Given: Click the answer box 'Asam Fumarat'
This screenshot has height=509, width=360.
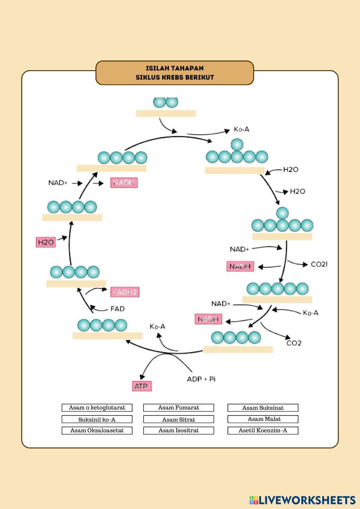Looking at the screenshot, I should [179, 407].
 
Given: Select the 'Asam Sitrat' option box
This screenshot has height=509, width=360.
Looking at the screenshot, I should [179, 419].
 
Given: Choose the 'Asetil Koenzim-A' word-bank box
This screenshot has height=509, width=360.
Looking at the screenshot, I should [263, 431].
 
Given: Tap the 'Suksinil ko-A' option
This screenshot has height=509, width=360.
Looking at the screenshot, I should [97, 419].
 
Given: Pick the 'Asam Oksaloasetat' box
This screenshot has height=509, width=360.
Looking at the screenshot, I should [97, 431].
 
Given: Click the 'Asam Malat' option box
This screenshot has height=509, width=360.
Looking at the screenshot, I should [263, 419].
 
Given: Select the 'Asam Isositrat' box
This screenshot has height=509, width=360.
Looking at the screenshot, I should [179, 431].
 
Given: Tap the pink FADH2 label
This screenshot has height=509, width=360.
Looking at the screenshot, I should [125, 292].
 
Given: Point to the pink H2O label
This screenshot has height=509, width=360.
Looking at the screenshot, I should [46, 242].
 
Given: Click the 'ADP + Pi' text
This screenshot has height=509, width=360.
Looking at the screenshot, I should [201, 379].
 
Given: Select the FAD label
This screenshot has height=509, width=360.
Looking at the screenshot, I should [117, 309].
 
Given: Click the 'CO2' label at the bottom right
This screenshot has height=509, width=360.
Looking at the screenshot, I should [294, 343].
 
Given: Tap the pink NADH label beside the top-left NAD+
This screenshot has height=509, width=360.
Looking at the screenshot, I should [124, 183].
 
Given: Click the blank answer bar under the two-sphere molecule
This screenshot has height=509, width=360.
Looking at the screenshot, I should [166, 113].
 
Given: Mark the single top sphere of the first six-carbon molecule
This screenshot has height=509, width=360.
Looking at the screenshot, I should [237, 144].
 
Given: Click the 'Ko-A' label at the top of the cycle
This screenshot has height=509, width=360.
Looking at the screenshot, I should [241, 129].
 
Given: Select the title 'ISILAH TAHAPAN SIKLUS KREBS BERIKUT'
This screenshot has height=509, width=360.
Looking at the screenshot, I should [175, 73].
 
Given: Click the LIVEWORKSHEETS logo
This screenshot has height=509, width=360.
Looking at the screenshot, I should [302, 500].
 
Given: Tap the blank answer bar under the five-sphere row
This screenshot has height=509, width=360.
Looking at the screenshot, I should [277, 299].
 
